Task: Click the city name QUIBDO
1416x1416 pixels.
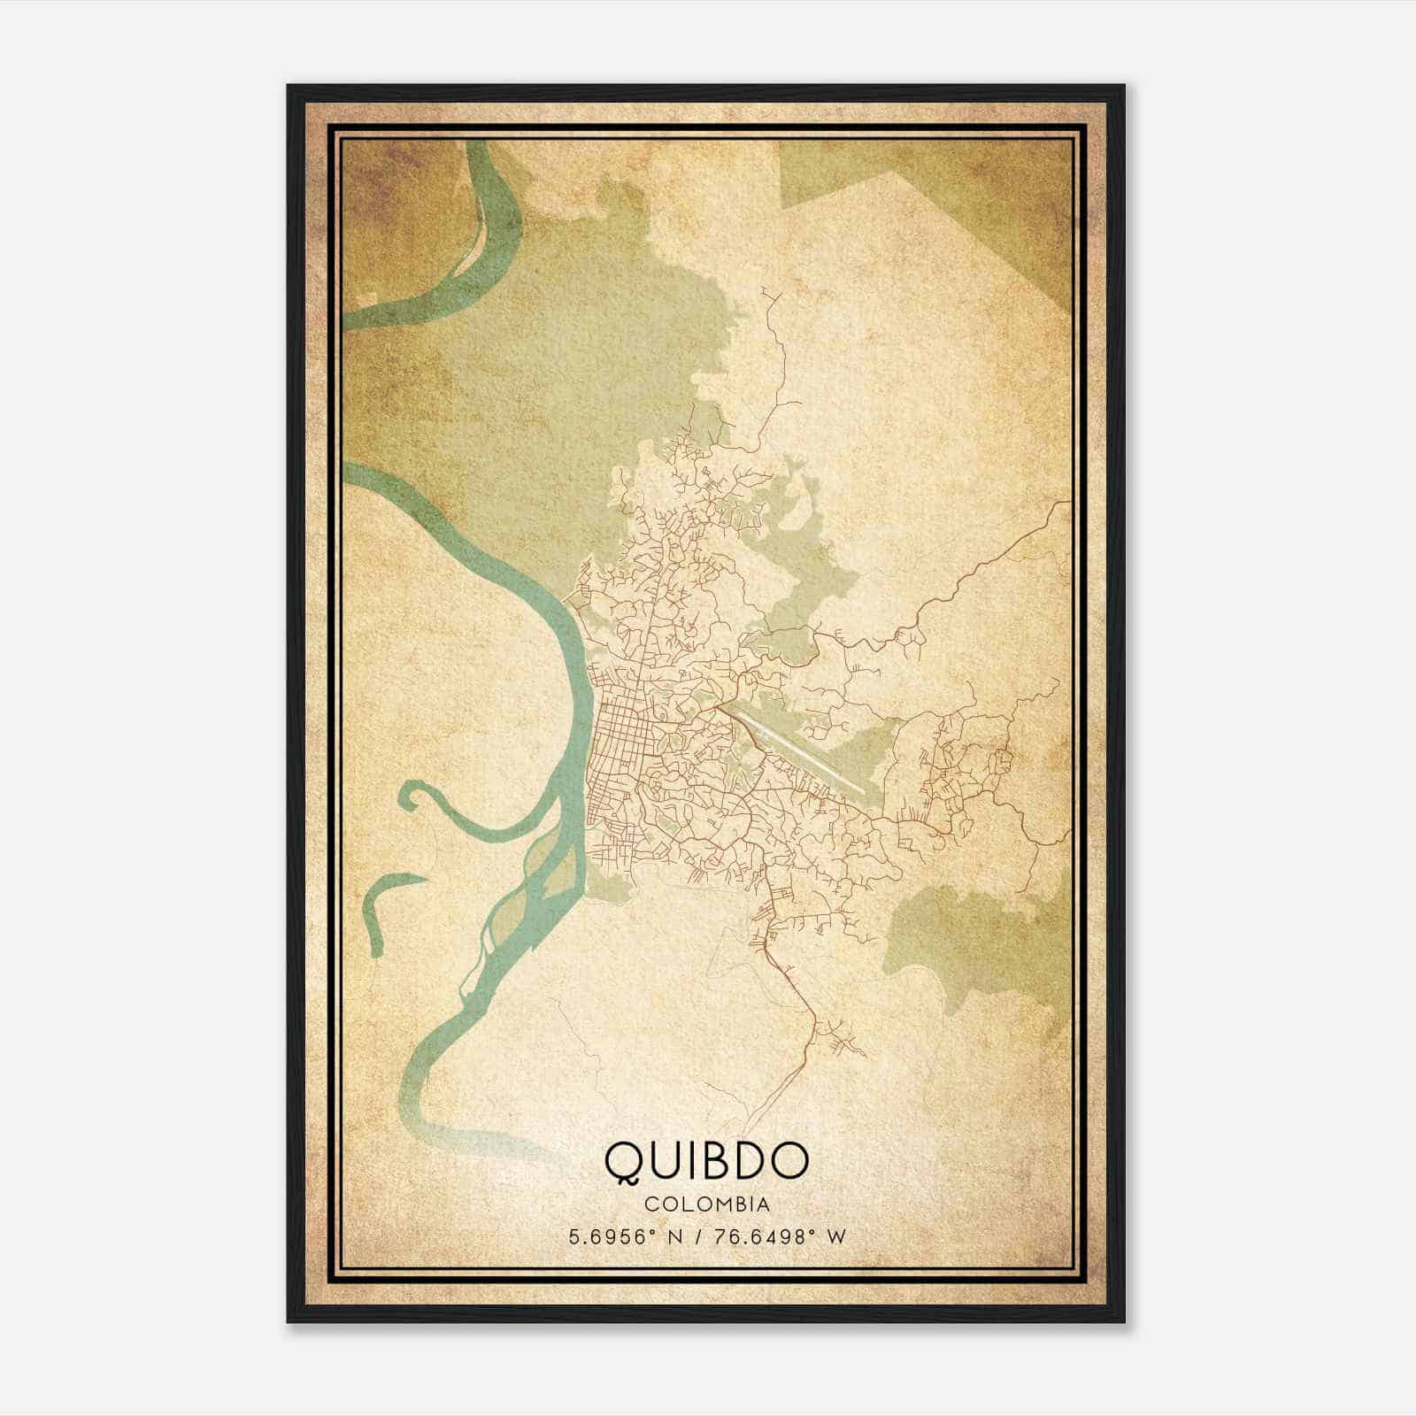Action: pos(706,1160)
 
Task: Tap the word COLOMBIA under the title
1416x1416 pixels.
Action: pos(706,1204)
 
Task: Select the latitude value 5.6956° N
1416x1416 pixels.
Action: pos(625,1236)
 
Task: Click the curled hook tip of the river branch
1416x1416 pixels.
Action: pos(409,794)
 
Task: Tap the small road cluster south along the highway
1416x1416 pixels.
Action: pos(841,1040)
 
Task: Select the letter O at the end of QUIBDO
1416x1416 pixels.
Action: pos(789,1160)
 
